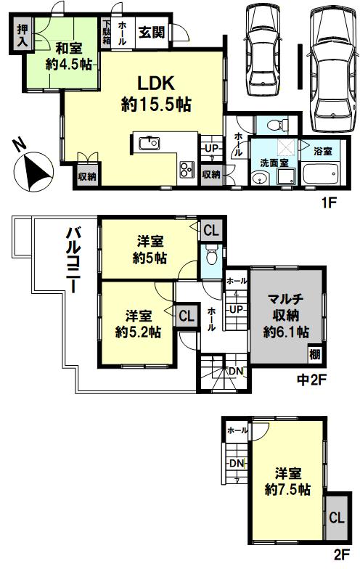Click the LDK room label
tap(155, 94)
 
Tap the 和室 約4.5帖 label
tap(68, 57)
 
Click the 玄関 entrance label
tap(152, 33)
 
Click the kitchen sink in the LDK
tap(149, 144)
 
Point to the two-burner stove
tap(187, 170)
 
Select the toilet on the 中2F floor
tap(210, 256)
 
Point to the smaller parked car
tap(263, 50)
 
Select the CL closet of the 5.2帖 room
tap(187, 315)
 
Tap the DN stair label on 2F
tap(237, 463)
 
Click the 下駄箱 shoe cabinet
tap(106, 32)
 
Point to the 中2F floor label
tap(312, 380)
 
